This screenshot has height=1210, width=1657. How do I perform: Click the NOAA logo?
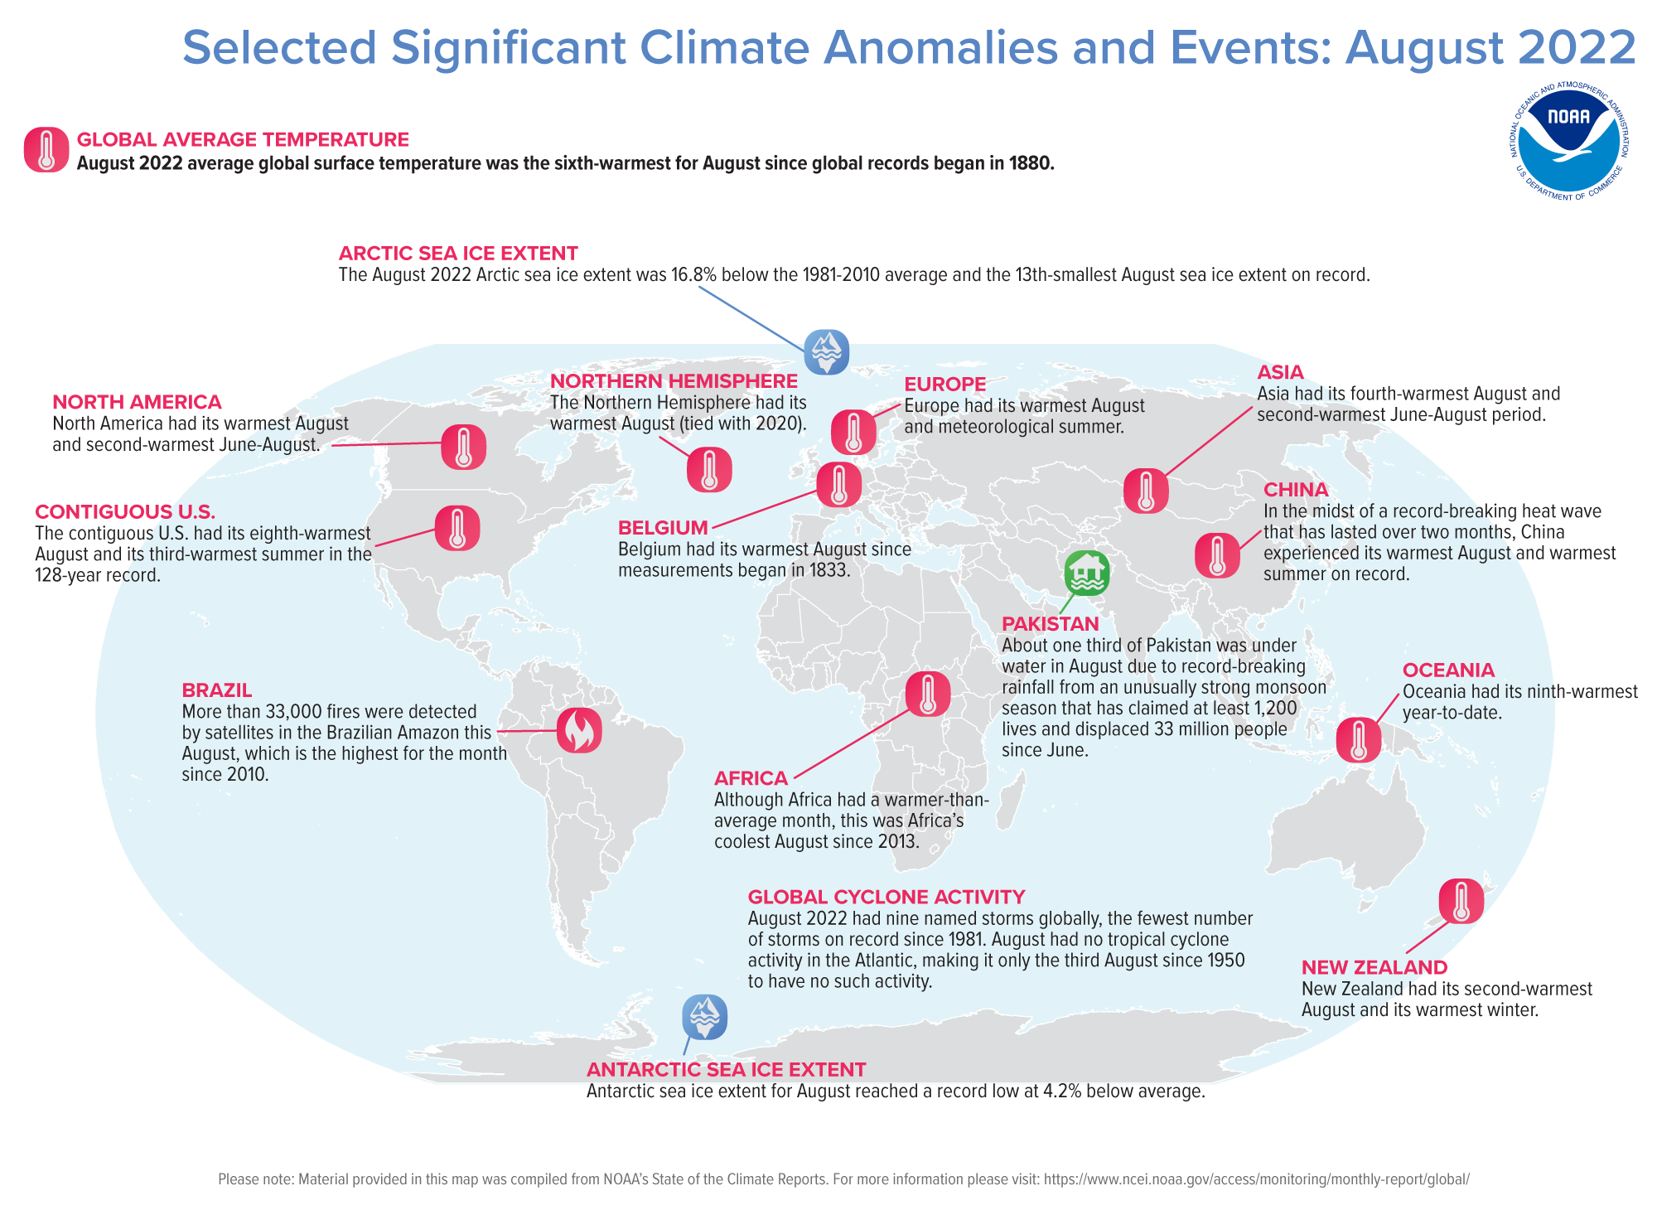tap(1568, 142)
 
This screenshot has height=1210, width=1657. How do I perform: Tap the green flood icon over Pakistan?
tap(1087, 574)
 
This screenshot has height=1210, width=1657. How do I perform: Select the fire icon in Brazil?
tap(579, 730)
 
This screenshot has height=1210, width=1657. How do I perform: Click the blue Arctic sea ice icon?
tap(826, 352)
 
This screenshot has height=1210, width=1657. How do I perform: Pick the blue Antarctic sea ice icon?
tap(705, 1017)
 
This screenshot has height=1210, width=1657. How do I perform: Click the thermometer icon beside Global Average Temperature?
tap(46, 150)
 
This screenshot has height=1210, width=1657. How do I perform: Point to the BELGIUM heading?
tap(663, 528)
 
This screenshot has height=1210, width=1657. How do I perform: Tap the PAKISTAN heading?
tap(1050, 624)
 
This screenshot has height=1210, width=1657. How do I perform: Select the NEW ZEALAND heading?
tap(1374, 967)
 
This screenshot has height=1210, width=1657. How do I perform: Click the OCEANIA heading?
tap(1448, 670)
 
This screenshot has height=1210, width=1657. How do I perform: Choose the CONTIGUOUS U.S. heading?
tap(125, 512)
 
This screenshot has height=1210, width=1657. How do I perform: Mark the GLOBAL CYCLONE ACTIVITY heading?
tap(886, 897)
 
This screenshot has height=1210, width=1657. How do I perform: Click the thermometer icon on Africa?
tap(928, 695)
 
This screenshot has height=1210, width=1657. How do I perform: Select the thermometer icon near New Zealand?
tap(1461, 902)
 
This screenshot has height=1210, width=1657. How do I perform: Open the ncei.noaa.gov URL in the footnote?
tap(1256, 1179)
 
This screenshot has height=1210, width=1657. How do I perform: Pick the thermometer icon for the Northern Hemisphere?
tap(709, 470)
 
